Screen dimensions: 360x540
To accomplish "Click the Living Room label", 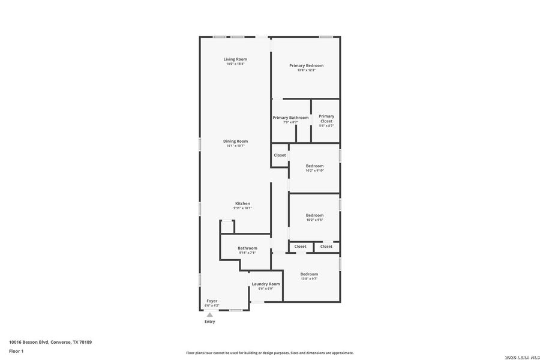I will (x=235, y=59).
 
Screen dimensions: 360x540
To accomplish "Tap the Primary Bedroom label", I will (x=306, y=65).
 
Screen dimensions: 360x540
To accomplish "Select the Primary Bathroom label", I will (x=290, y=118).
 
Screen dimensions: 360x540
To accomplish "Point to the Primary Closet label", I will (x=326, y=119).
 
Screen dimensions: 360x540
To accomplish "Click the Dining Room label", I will (x=235, y=141).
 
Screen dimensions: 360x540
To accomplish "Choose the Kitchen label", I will (x=242, y=203).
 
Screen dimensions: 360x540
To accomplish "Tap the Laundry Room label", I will (x=265, y=284).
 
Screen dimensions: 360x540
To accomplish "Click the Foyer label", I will (x=212, y=301).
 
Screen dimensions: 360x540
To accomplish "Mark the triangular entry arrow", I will (x=209, y=314).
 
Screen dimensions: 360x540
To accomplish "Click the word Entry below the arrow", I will (x=209, y=322).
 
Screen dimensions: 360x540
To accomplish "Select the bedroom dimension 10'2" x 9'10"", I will (x=314, y=171).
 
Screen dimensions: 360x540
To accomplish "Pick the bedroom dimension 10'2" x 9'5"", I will (x=314, y=220).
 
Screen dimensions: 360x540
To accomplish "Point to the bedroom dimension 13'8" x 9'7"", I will (x=309, y=279).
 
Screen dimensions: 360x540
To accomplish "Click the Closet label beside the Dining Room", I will (x=280, y=155).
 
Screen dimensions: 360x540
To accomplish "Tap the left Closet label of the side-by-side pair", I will (x=300, y=247).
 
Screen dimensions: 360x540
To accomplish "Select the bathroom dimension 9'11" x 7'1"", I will (x=247, y=253).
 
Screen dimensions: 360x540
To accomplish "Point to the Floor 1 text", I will (x=17, y=351).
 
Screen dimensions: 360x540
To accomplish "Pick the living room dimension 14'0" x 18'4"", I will (x=235, y=64).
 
